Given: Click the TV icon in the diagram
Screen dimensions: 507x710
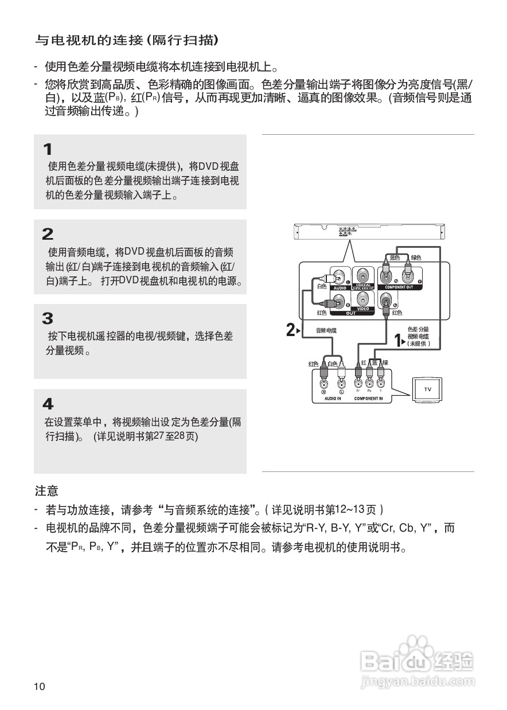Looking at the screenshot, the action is coord(428,389).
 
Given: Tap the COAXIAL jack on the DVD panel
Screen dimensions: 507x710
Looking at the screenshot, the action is coord(362,276).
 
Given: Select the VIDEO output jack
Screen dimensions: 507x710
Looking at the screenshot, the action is coord(362,299).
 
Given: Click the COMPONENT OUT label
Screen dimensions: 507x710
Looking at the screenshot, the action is coord(399,287).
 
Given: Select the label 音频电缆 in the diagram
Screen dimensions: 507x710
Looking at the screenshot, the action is coord(326,330).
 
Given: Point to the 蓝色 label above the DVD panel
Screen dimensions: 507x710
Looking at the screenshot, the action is coord(394,258).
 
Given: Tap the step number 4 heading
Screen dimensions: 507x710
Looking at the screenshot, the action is coord(48,403).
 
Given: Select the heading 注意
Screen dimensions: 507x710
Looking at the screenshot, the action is coord(46,491).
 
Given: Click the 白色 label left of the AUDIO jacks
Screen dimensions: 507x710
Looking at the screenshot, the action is coord(321,286).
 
